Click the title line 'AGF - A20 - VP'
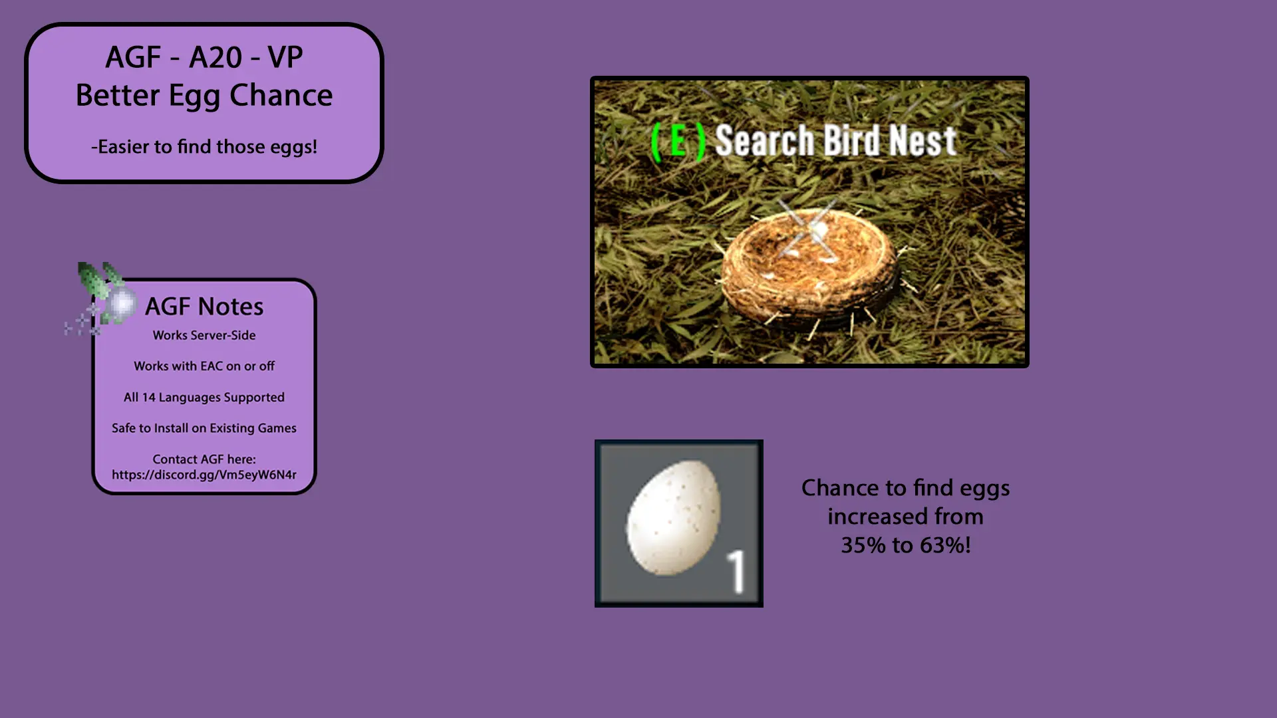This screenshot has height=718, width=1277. (x=204, y=57)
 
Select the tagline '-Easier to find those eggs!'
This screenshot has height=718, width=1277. (x=204, y=147)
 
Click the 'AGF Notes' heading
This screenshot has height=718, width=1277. (x=204, y=306)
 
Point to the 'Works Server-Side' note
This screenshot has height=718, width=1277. (x=204, y=335)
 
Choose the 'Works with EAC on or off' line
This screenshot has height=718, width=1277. (x=204, y=366)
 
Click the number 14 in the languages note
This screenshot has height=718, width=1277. (x=148, y=397)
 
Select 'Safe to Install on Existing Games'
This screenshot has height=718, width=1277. (x=204, y=428)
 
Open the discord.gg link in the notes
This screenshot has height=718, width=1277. (x=204, y=475)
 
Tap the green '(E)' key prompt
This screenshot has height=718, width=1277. (x=678, y=142)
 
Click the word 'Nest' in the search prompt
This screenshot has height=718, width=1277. (x=923, y=140)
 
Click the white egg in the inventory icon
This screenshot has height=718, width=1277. (x=673, y=517)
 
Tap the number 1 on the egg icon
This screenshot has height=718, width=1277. (x=736, y=571)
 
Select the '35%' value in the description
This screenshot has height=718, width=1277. (x=863, y=545)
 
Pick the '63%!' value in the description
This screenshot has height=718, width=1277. (x=946, y=545)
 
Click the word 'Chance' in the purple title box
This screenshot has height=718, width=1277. (x=281, y=96)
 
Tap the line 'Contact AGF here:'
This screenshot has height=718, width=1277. (x=204, y=459)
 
